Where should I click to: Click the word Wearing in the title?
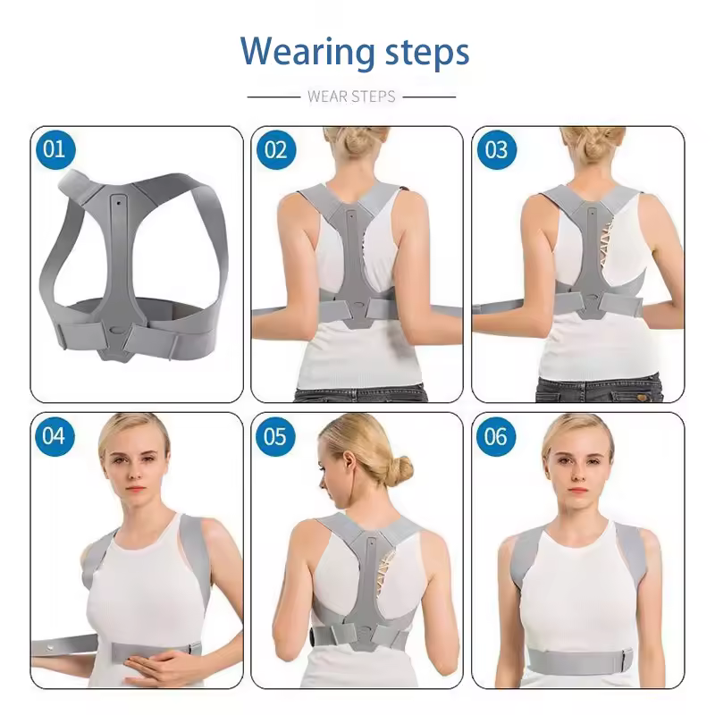(x=307, y=52)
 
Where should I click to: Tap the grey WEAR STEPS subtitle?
(x=351, y=97)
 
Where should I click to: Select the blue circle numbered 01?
(x=55, y=149)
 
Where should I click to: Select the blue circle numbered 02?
(x=276, y=149)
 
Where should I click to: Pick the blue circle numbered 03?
(x=497, y=149)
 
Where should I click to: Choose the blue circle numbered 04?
(x=55, y=436)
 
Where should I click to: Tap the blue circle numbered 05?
(x=275, y=436)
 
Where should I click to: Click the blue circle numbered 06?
(x=496, y=436)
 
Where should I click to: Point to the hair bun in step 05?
(x=400, y=470)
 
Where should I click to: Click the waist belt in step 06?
(x=580, y=661)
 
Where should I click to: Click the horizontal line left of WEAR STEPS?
(x=273, y=97)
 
